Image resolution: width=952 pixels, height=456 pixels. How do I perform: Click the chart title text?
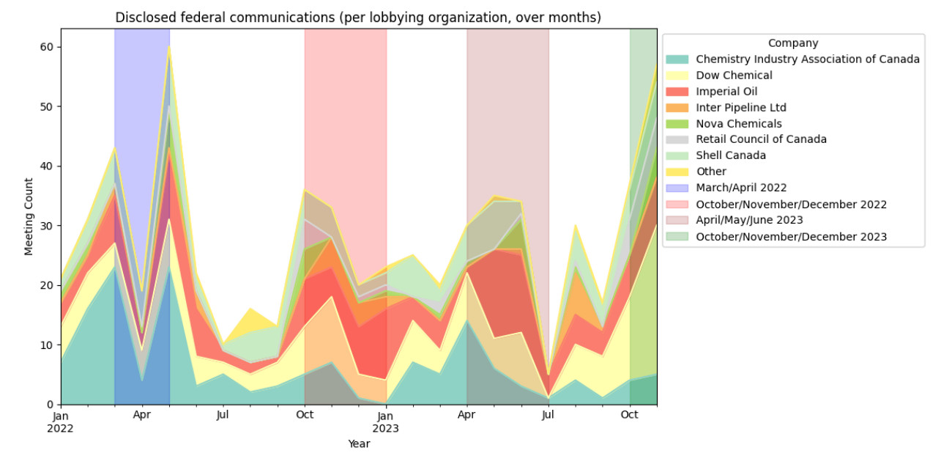click(358, 18)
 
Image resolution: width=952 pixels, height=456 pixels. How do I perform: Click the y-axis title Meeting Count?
click(29, 216)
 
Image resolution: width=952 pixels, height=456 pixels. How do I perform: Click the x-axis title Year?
click(358, 444)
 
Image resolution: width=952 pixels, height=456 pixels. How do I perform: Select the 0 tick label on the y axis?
click(50, 405)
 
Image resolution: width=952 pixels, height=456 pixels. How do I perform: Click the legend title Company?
click(793, 43)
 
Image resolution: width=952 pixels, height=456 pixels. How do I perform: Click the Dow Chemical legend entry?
click(734, 76)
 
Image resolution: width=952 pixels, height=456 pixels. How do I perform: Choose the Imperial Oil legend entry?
click(726, 92)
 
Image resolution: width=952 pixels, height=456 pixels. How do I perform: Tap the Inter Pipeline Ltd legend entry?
click(740, 108)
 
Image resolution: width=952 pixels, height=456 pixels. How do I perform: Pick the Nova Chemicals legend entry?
click(738, 124)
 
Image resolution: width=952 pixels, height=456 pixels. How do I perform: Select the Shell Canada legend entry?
click(730, 155)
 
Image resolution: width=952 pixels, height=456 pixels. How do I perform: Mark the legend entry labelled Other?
click(710, 172)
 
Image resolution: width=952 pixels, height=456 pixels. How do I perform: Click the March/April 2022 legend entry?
click(741, 188)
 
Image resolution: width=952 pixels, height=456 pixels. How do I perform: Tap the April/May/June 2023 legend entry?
click(749, 220)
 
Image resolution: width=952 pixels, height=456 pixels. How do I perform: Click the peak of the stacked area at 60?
click(169, 47)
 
